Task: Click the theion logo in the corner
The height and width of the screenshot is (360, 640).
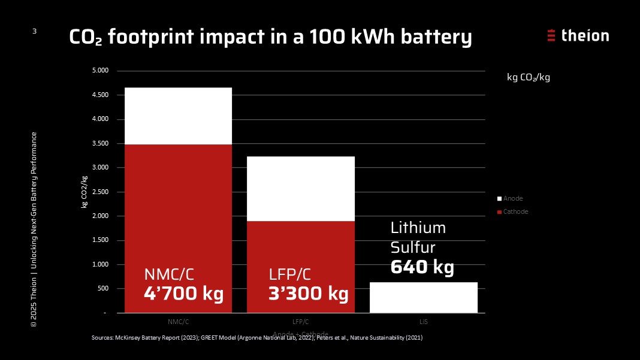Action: pos(578,35)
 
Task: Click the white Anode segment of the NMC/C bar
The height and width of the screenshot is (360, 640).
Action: pos(178,116)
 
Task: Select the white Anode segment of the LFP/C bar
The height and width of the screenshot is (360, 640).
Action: pos(301,189)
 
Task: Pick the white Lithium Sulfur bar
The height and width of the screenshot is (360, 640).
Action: pos(423,297)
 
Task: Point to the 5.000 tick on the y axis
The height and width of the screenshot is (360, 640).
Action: pos(100,71)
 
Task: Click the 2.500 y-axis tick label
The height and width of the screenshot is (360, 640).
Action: pos(100,192)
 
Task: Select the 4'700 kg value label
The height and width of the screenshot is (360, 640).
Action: pos(183,294)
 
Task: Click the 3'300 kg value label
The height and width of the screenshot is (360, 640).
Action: pos(308,294)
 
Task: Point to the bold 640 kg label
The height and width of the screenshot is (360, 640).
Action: pos(422,267)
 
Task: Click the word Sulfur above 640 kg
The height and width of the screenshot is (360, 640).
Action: pos(413,247)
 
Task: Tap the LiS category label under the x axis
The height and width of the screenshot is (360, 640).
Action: pos(423,322)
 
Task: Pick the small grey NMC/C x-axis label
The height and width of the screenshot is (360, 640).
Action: pos(177,322)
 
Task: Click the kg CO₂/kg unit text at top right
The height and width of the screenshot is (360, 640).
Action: pos(528,78)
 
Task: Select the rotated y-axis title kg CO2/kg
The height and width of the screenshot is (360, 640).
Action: pos(84,192)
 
